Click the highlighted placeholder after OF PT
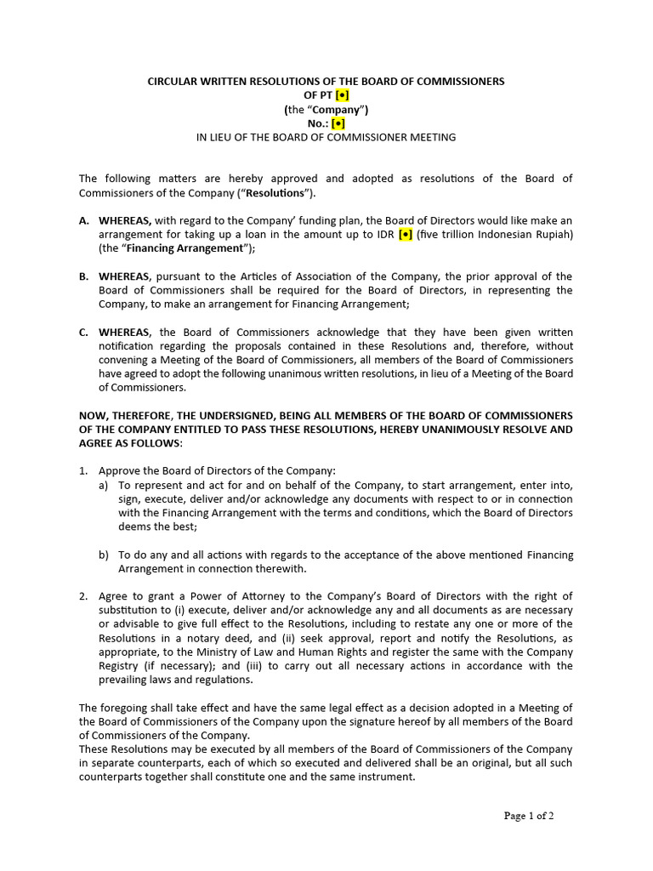342,95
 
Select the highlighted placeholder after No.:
338,122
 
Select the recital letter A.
84,220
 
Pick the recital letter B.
84,276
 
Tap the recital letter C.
84,333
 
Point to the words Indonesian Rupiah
527,234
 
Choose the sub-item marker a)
104,485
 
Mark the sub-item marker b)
104,555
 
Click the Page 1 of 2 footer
529,816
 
